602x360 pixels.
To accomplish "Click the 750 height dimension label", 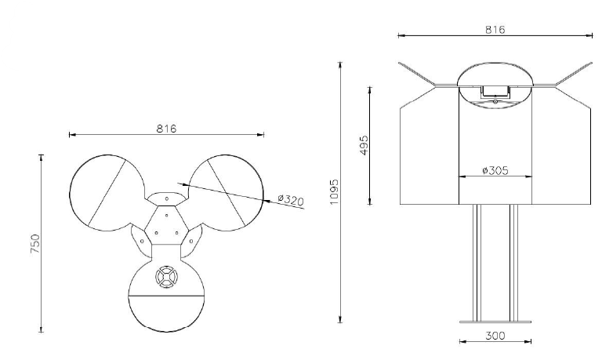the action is [x=35, y=244].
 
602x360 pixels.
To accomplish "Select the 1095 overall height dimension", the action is [x=335, y=191].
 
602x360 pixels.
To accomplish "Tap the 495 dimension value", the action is [x=364, y=145].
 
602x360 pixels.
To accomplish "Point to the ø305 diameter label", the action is [x=495, y=170].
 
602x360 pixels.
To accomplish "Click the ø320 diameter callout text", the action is [x=291, y=200].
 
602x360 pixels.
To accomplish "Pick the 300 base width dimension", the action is [x=495, y=336].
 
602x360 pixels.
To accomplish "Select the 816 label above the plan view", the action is [x=166, y=129].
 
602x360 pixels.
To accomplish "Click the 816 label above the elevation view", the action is [x=495, y=30].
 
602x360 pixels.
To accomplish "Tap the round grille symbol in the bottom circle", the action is [x=167, y=276].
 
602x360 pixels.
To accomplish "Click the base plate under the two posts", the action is [x=495, y=322].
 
